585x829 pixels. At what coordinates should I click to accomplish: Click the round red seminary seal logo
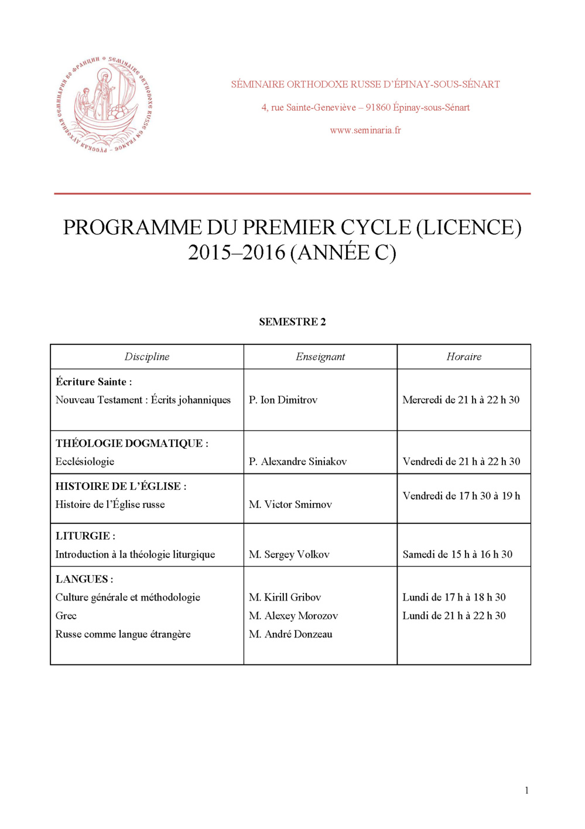[105, 105]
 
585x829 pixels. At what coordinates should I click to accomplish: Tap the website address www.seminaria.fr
[365, 130]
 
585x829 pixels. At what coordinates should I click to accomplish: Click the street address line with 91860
[365, 107]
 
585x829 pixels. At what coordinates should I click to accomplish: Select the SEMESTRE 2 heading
[292, 322]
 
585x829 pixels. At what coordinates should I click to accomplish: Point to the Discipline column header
[146, 357]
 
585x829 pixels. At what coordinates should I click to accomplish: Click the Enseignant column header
[320, 357]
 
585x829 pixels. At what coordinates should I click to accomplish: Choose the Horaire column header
[464, 357]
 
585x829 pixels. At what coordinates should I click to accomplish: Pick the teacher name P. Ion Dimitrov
[283, 400]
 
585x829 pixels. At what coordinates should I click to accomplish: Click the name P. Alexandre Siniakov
[297, 462]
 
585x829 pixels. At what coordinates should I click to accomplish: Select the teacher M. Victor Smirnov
[290, 504]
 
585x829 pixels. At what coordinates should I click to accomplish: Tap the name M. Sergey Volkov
[289, 554]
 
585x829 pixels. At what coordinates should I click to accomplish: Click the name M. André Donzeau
[290, 634]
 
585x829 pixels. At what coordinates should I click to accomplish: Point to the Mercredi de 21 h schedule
[461, 400]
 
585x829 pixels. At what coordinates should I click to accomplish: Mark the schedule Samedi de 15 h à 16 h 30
[457, 554]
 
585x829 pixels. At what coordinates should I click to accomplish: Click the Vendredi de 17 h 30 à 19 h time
[461, 496]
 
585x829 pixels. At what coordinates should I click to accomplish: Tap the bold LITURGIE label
[85, 536]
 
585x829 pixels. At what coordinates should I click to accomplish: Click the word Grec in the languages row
[66, 616]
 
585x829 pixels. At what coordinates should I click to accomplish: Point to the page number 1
[526, 790]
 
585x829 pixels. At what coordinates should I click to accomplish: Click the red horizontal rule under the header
[292, 193]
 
